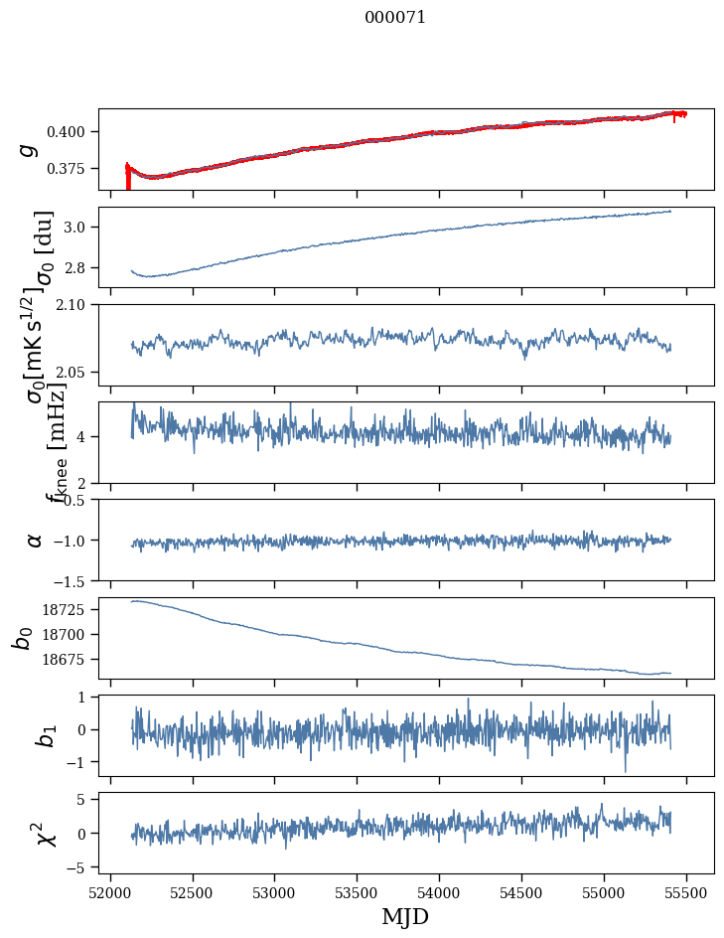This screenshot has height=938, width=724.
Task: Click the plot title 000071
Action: pos(395,18)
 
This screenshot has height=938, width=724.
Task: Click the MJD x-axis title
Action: pos(405,916)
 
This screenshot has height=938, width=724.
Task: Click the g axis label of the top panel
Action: pos(29,149)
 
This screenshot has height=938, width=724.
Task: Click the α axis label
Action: pos(35,540)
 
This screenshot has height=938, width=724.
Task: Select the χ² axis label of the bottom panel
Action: pos(46,833)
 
